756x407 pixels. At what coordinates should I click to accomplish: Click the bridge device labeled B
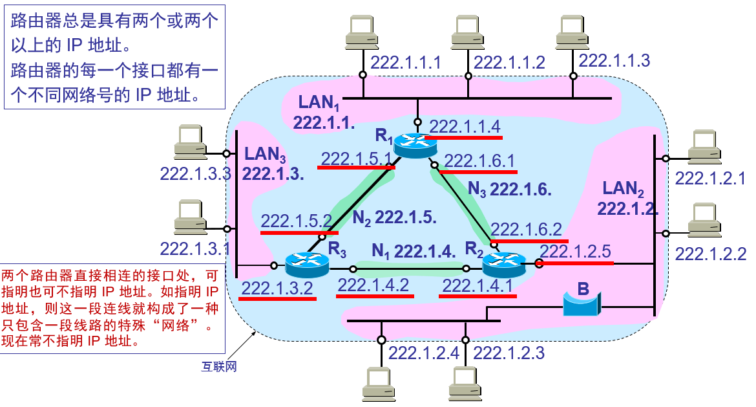(x=582, y=302)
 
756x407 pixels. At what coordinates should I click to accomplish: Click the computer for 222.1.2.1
(x=702, y=146)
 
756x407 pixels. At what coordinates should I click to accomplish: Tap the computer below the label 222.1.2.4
(x=381, y=383)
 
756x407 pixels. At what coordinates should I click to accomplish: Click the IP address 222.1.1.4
(x=465, y=127)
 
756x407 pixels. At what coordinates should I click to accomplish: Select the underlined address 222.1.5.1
(x=356, y=159)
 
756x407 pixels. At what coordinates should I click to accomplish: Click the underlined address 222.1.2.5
(x=575, y=252)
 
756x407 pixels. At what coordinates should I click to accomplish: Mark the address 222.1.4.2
(x=373, y=284)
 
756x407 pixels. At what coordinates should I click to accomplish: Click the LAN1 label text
(x=319, y=102)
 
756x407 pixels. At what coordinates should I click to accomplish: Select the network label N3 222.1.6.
(x=509, y=190)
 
